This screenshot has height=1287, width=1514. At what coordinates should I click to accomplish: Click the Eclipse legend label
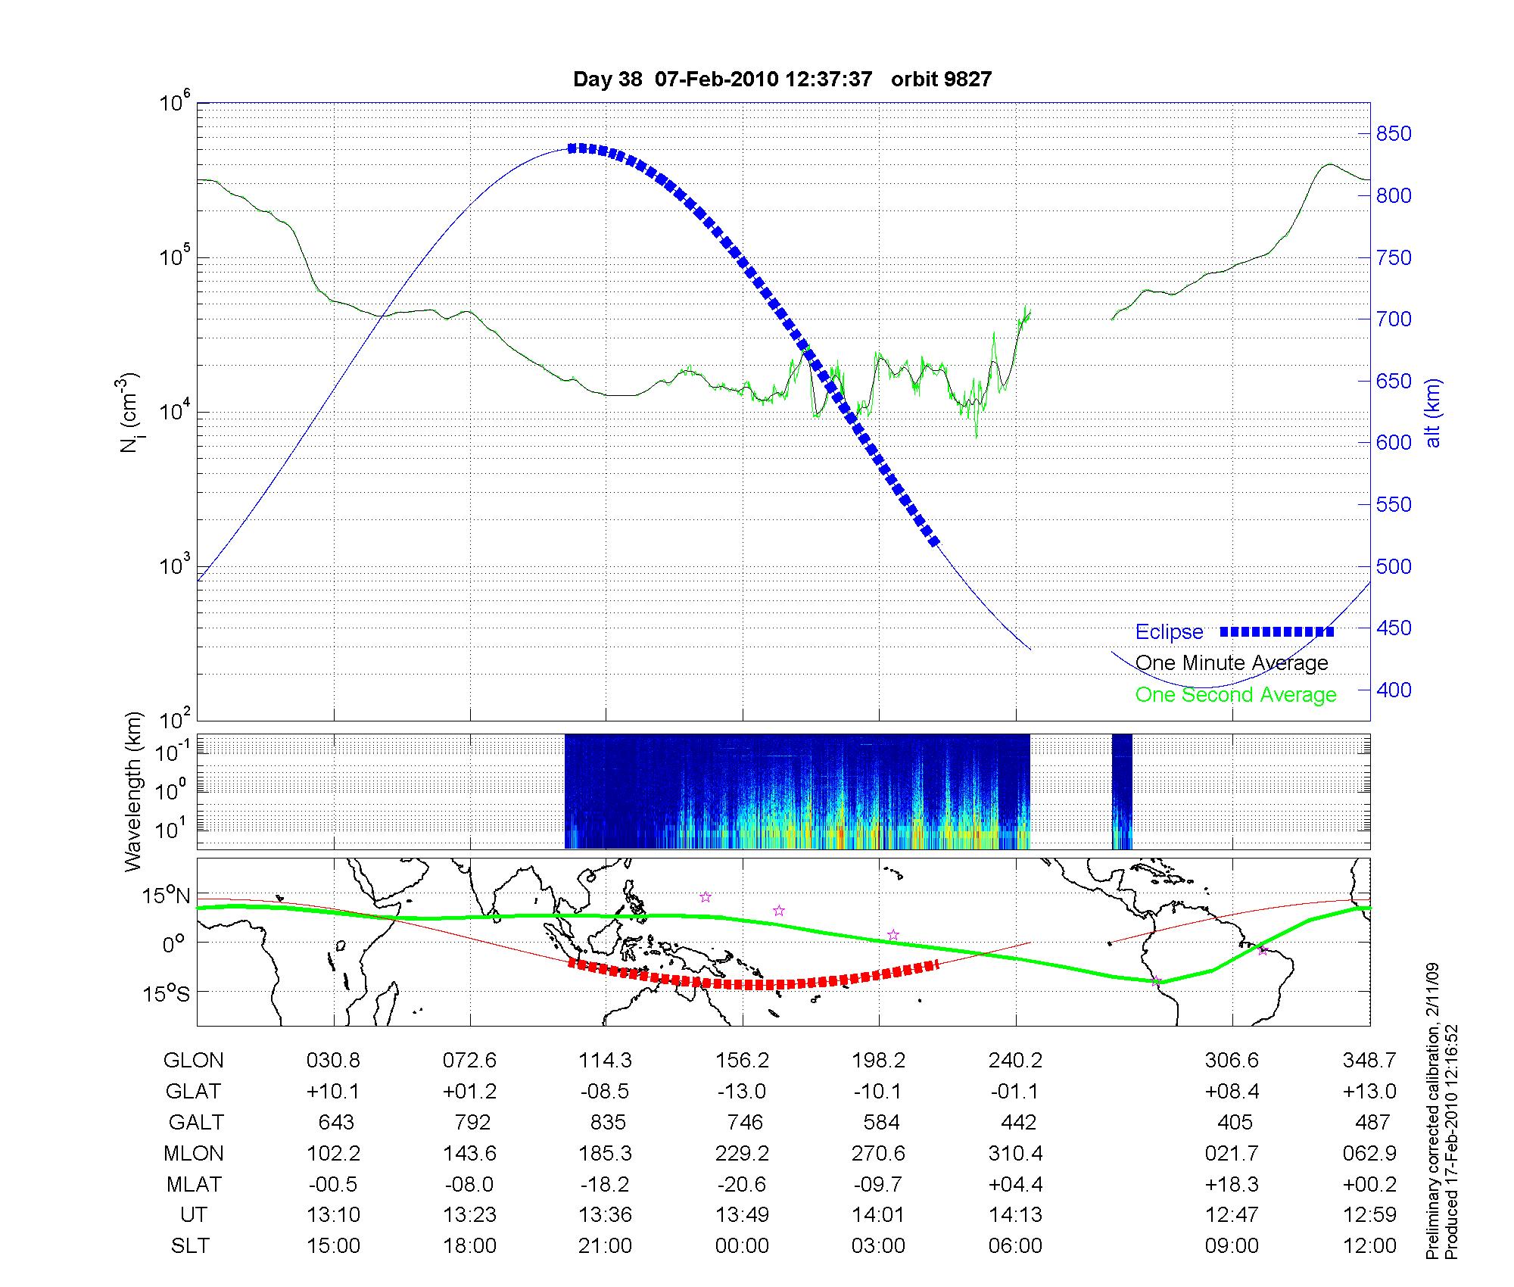click(1169, 632)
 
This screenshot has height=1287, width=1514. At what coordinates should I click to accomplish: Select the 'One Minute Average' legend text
click(1232, 663)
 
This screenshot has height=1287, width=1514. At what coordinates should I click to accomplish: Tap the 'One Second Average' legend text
click(1235, 695)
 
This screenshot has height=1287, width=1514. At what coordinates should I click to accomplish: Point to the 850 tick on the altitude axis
click(1394, 134)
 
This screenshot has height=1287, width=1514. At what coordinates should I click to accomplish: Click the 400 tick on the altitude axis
click(1394, 690)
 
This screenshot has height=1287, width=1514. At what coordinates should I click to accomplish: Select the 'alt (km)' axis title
click(1433, 413)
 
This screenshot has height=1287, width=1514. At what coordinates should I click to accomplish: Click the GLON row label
click(193, 1061)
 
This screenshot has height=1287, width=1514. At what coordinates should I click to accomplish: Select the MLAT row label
click(193, 1184)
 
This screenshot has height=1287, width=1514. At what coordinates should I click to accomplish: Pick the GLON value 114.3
click(605, 1061)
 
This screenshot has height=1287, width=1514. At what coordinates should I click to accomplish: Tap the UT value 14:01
click(878, 1214)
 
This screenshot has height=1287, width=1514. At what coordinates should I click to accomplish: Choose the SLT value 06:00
click(1015, 1245)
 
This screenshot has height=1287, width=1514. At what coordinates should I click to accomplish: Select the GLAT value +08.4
click(1232, 1091)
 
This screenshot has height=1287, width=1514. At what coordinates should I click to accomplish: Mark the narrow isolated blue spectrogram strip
click(1122, 791)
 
